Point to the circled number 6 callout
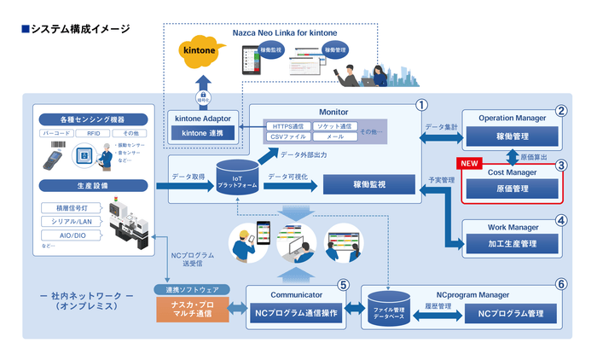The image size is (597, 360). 560,284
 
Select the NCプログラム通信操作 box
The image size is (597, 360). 297,313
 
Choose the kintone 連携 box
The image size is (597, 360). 202,133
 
